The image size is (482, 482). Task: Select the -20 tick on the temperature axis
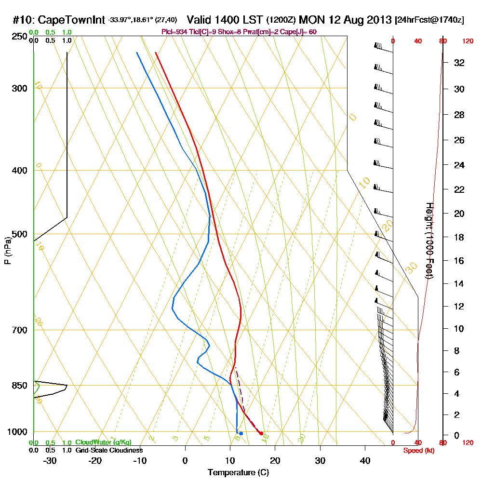pyautogui.click(x=95, y=460)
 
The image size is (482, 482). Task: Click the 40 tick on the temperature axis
pyautogui.click(x=365, y=460)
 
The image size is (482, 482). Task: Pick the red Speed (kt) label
pyautogui.click(x=416, y=450)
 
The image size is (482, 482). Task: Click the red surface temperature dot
pyautogui.click(x=261, y=433)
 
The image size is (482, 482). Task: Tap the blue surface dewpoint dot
pyautogui.click(x=241, y=433)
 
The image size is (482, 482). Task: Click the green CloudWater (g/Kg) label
pyautogui.click(x=103, y=442)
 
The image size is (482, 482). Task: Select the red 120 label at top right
pyautogui.click(x=468, y=41)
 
